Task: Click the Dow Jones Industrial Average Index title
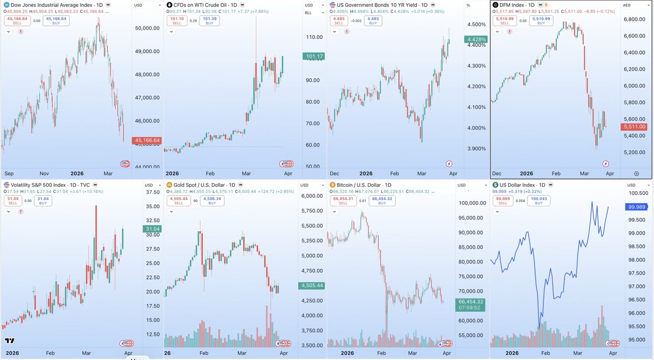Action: point(49,4)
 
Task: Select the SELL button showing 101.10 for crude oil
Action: point(175,21)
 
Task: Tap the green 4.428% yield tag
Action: point(476,39)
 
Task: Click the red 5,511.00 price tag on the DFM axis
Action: point(634,127)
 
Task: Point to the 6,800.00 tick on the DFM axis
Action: point(634,20)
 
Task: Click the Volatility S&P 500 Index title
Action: point(48,185)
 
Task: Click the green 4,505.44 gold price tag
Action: point(312,285)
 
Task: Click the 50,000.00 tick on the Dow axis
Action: point(147,28)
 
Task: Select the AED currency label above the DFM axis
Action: point(628,4)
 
